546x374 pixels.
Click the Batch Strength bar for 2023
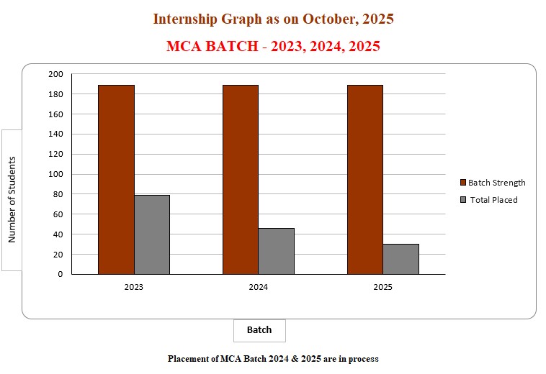116,180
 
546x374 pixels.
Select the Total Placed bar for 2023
152,234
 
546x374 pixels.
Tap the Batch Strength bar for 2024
241,180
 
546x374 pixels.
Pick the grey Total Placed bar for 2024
277,251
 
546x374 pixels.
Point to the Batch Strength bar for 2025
365,180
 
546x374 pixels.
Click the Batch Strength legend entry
496,183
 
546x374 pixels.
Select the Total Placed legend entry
493,200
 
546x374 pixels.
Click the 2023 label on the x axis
133,288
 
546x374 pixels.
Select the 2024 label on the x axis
259,288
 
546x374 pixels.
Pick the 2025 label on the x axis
383,288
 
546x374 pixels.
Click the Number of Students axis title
12,200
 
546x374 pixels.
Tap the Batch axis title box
259,330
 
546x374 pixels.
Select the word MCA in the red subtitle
183,47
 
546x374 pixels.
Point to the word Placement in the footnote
189,358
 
